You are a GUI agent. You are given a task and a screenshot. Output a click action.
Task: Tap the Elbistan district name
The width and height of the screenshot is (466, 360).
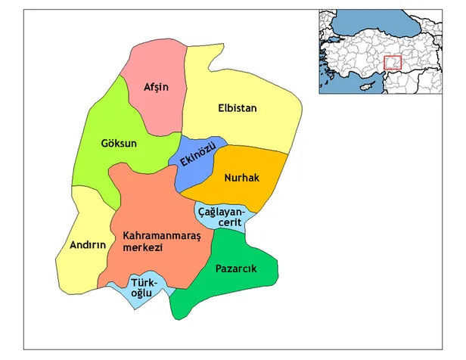[x=238, y=108]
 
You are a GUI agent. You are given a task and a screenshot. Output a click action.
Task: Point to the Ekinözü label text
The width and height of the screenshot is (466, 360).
[x=197, y=155]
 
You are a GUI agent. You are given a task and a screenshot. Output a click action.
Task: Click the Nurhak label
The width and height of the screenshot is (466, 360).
[x=242, y=178]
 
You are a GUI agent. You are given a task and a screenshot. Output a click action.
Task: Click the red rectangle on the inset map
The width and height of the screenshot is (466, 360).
[x=393, y=64]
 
